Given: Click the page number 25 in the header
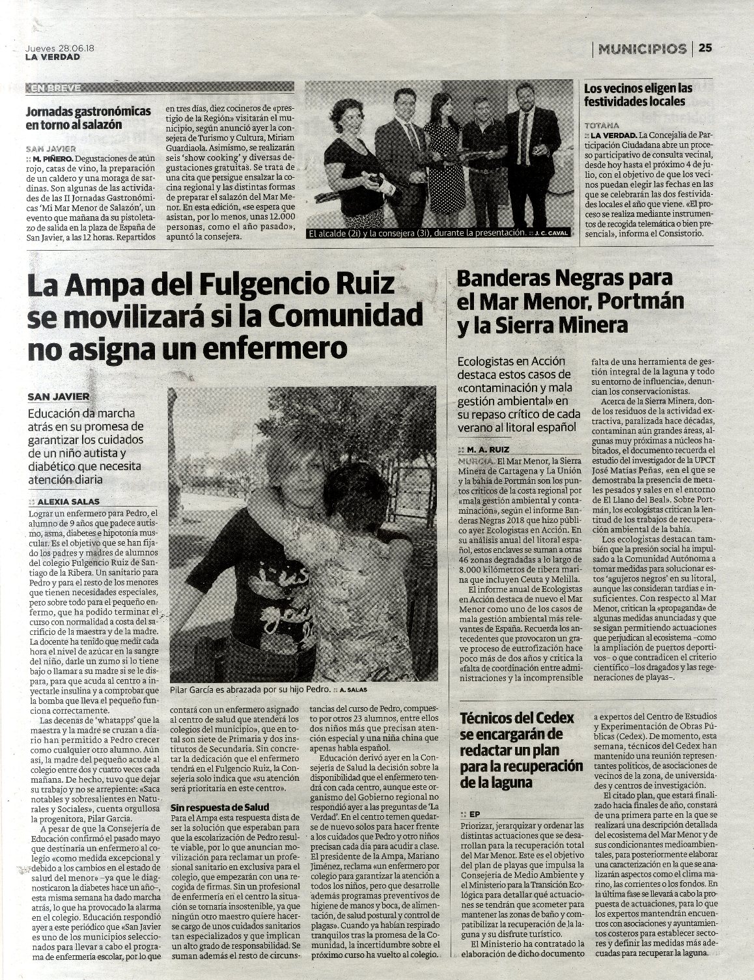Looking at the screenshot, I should (x=706, y=48).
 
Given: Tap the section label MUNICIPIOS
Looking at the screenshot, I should (x=643, y=48).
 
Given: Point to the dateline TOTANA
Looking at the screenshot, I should (x=601, y=124).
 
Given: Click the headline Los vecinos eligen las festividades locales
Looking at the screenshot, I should (x=638, y=94).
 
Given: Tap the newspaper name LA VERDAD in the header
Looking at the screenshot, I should (x=53, y=57).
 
